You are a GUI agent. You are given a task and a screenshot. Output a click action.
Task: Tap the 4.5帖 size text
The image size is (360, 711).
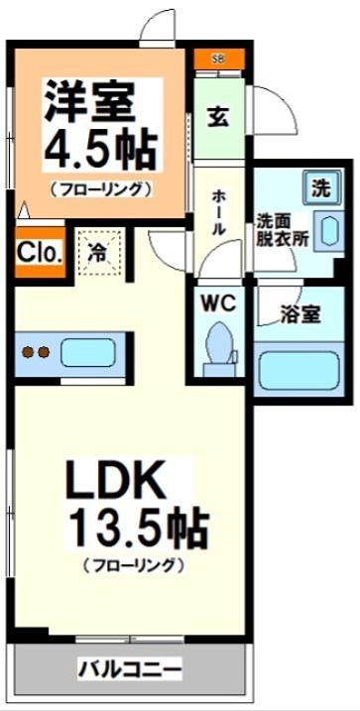pos(99,149)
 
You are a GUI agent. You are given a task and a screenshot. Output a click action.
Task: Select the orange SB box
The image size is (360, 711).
pos(218,59)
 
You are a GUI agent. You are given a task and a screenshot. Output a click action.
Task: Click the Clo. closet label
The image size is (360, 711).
pos(39,252)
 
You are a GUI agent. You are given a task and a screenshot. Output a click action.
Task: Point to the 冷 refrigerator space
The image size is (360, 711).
pos(99,251)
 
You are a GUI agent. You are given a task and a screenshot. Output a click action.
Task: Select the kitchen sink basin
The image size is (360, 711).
pos(89,352)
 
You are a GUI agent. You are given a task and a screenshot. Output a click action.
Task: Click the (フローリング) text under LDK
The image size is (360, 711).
pos(135,566)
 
